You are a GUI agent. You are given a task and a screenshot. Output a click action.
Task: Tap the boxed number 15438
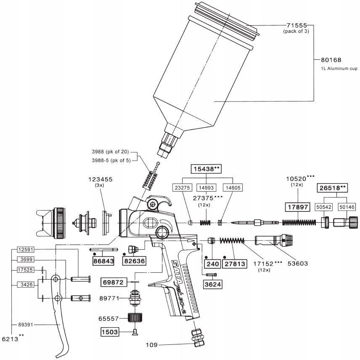click(206, 169)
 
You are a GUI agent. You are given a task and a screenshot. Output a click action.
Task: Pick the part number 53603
click(297, 264)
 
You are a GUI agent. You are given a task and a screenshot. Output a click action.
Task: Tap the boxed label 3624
click(213, 285)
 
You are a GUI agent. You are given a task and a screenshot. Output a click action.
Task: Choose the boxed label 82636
click(134, 261)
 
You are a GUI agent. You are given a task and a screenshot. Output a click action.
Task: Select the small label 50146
click(347, 207)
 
